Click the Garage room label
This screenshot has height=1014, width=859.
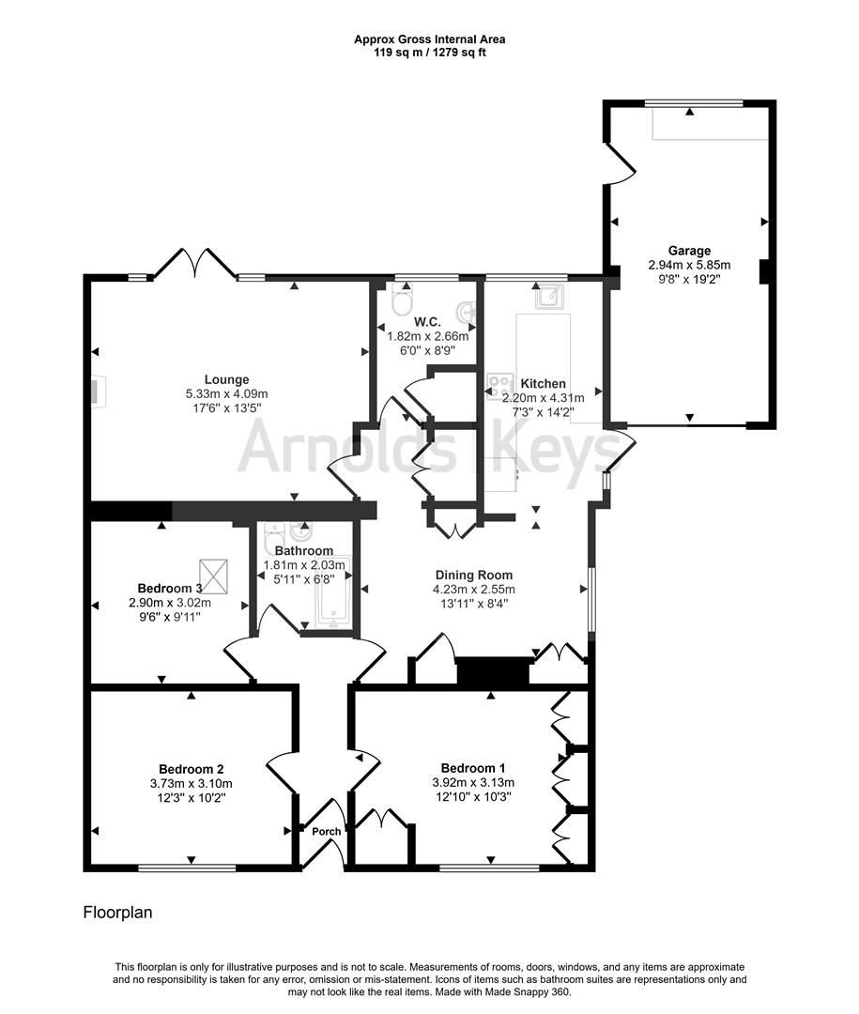coord(689,251)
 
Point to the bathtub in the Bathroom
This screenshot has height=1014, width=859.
coord(333,591)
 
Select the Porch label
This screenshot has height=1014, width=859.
coord(328,831)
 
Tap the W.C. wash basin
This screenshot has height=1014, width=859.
coord(463,311)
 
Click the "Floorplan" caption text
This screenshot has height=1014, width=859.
coord(117,912)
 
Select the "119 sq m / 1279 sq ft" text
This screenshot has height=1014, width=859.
coord(429,53)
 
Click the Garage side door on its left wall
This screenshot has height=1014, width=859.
coord(621,161)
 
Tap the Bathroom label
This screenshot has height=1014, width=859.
coord(303,550)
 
